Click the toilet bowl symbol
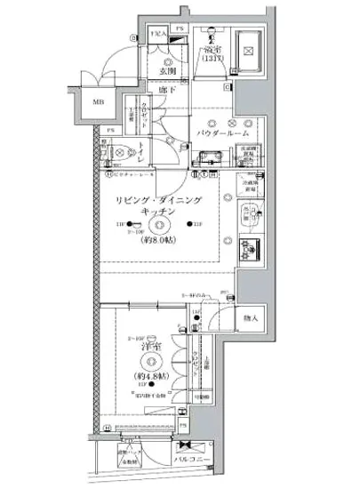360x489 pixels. pos(117,153)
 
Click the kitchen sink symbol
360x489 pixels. pos(251,213)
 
